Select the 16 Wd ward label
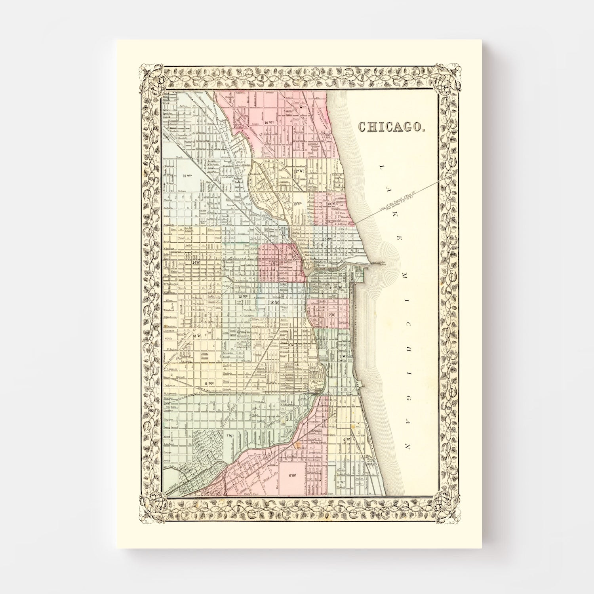(270, 123)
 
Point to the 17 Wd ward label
(299, 171)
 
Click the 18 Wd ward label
(298, 204)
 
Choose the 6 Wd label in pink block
(293, 476)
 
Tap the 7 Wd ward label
(230, 436)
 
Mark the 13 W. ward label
(197, 336)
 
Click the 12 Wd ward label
(243, 296)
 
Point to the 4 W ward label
(347, 440)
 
